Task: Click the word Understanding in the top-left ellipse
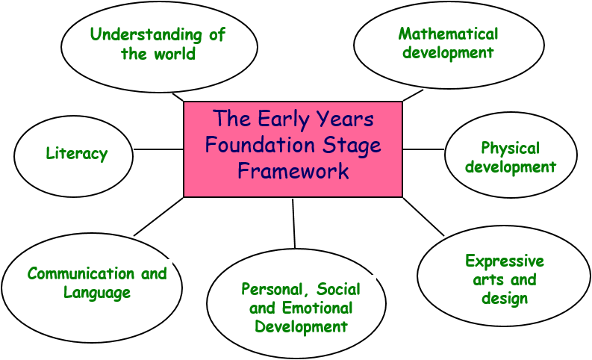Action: point(146,35)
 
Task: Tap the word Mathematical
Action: point(448,34)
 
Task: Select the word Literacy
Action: point(77,153)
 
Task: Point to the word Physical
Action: point(510,148)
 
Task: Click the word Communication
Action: point(81,273)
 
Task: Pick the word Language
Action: point(97,293)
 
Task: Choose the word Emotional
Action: point(317,308)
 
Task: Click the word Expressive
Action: point(505,261)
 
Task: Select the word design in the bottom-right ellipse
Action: point(505,299)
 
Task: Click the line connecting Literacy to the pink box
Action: point(158,149)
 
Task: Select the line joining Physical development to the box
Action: point(423,149)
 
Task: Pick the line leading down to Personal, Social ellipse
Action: point(293,223)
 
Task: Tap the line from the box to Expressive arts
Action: point(423,217)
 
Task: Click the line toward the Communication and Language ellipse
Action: point(158,217)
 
